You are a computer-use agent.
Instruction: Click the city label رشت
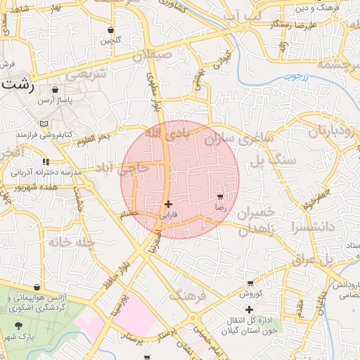click(15, 84)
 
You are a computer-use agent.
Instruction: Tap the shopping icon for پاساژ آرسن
click(55, 90)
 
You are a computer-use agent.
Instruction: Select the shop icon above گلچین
click(111, 30)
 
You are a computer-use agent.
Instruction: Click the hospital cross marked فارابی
click(168, 205)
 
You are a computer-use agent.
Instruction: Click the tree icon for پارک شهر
click(18, 326)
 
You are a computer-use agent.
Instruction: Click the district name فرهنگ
click(188, 295)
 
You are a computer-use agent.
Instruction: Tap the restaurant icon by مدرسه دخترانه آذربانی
click(46, 161)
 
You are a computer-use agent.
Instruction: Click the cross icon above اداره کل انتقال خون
click(248, 309)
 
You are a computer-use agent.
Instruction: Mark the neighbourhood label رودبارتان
click(329, 131)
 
